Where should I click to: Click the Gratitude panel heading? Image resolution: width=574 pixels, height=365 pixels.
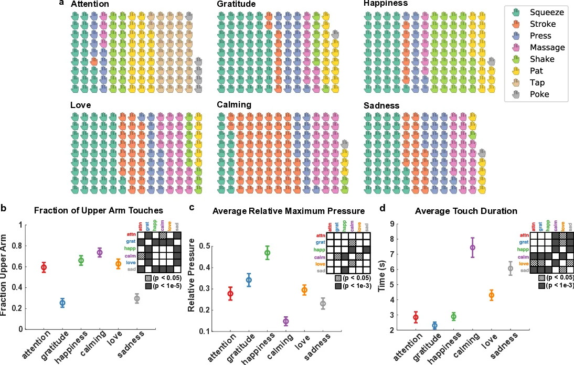(x=236, y=4)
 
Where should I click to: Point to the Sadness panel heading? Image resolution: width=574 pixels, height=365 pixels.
(x=381, y=106)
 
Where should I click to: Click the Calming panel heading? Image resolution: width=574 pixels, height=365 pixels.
(x=234, y=105)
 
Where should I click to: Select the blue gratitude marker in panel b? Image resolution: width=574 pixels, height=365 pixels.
(x=62, y=303)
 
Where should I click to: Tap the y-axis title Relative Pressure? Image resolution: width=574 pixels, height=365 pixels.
(x=192, y=275)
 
